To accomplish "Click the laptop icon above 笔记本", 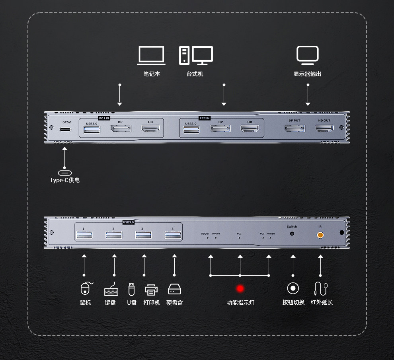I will (152, 55).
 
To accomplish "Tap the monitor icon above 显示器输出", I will (308, 55).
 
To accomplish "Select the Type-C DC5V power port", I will (66, 130).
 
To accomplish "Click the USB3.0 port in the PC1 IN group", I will (92, 129).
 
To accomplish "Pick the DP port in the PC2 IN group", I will (220, 129).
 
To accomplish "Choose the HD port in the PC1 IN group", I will (150, 129).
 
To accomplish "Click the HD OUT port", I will (324, 128).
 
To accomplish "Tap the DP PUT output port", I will (295, 128).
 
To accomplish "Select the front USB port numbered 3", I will (143, 235).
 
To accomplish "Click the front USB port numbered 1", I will (84, 235).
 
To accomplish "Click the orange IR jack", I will (320, 235).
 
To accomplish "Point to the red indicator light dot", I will (240, 288).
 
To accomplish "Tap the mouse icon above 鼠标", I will (86, 289).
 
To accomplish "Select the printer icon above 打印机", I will (151, 290).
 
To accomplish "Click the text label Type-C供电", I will (65, 180).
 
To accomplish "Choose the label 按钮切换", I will (293, 302).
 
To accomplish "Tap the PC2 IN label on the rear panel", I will (204, 118).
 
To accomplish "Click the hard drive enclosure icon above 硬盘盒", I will (174, 289).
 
